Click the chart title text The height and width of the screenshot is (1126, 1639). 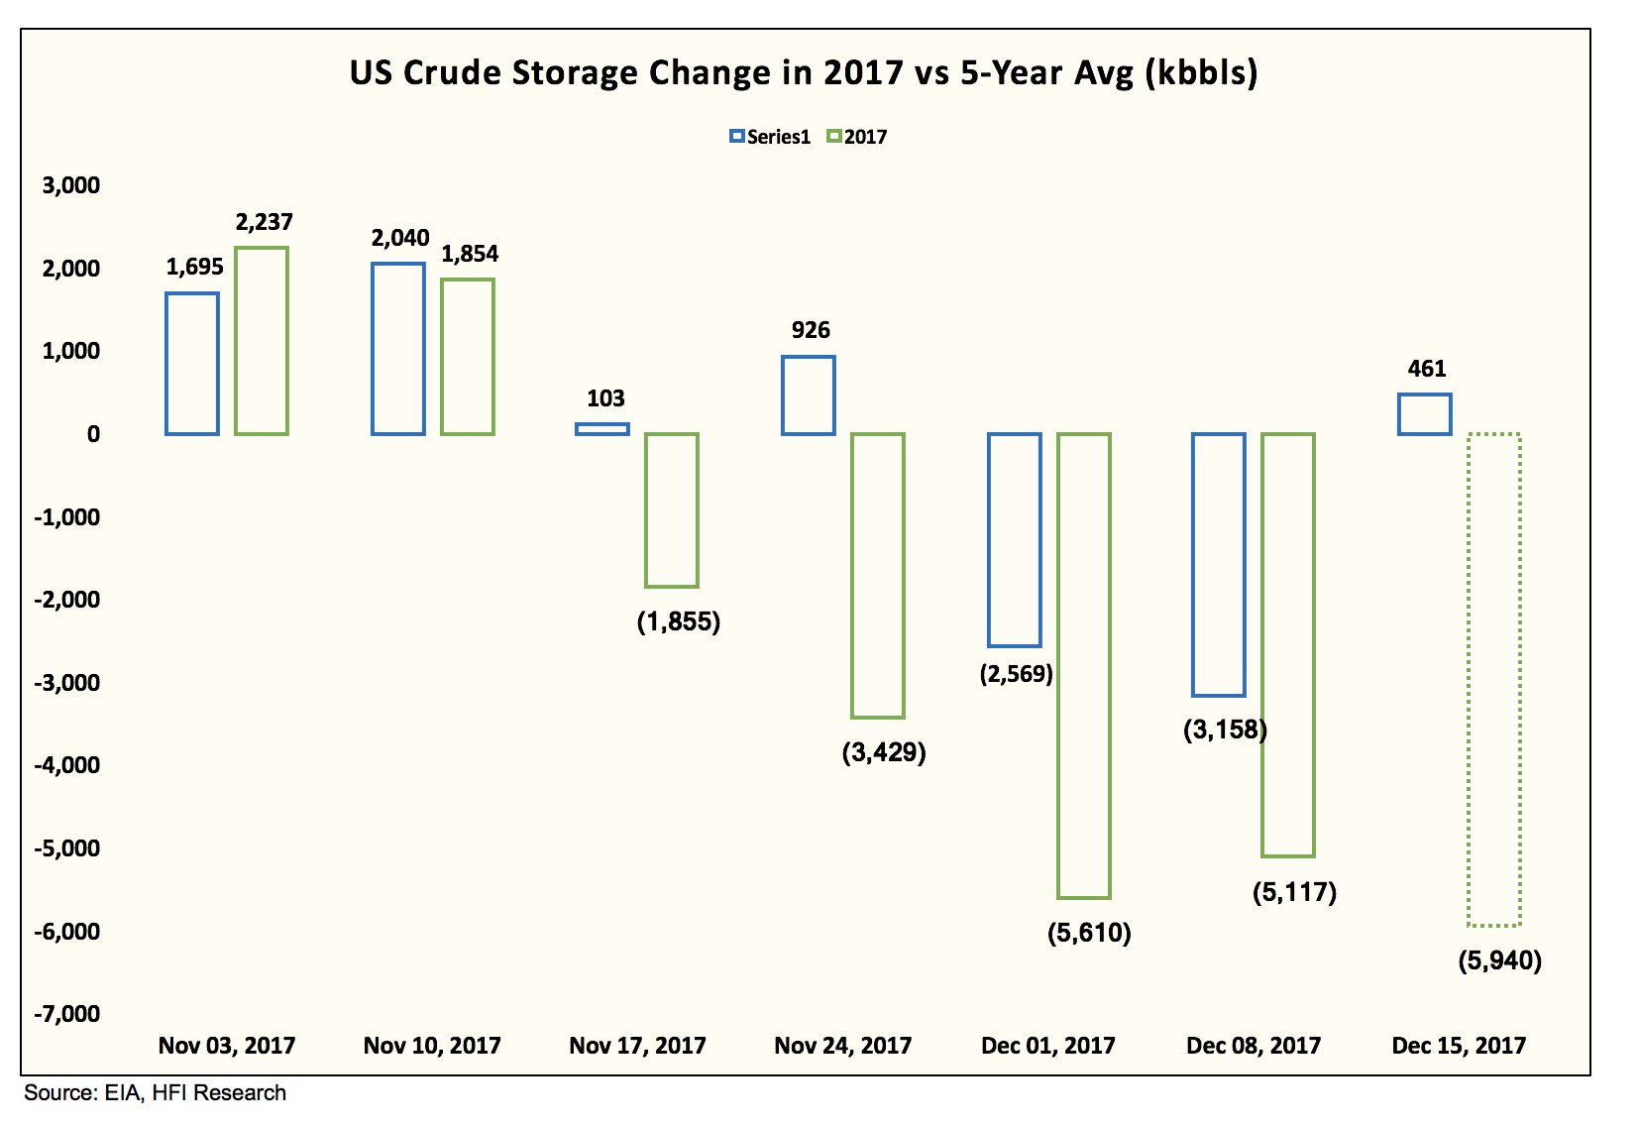[x=803, y=73]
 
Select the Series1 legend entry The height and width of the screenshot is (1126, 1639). [x=770, y=137]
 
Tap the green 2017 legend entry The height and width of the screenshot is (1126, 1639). [x=857, y=137]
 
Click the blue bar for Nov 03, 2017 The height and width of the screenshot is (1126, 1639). [x=192, y=364]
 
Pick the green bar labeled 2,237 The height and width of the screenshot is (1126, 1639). [x=262, y=341]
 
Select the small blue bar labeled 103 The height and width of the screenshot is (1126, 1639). [x=602, y=429]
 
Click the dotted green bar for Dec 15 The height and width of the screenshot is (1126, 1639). [x=1493, y=680]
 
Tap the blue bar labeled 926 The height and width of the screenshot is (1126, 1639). [x=809, y=395]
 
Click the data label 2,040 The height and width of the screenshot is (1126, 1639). [x=400, y=238]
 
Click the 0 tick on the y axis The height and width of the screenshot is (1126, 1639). [x=93, y=434]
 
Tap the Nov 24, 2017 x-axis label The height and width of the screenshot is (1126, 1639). [x=842, y=1046]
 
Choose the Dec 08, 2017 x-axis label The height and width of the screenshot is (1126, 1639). [x=1254, y=1046]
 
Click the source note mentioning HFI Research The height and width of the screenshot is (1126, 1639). [x=156, y=1093]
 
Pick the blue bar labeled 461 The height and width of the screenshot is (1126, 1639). [x=1424, y=414]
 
